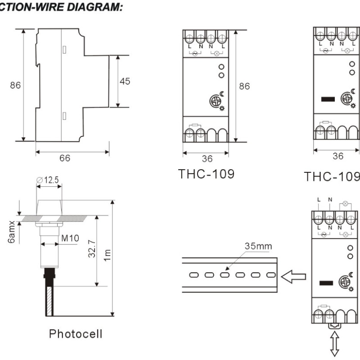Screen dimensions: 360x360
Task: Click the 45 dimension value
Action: pos(125,81)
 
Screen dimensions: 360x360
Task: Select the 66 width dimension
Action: pos(65,158)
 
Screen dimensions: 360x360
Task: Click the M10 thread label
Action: pos(65,238)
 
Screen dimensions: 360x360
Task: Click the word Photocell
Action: pos(76,333)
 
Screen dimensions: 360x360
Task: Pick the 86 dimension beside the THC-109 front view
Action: pos(244,86)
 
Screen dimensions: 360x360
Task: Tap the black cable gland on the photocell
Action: pos(49,274)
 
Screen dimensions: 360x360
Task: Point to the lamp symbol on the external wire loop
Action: pos(346,204)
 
